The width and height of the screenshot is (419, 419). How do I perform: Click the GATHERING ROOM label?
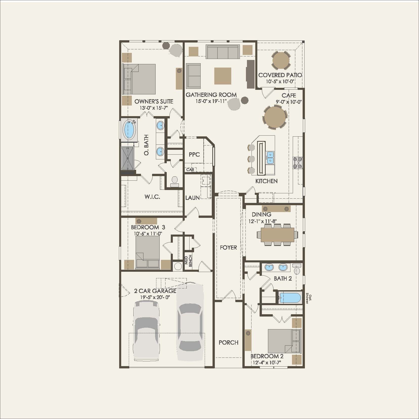click(x=211, y=95)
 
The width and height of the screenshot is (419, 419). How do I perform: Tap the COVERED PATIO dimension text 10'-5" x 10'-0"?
click(x=280, y=81)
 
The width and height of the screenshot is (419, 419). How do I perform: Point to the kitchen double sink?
click(x=270, y=157)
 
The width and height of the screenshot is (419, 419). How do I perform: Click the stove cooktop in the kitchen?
click(x=298, y=163)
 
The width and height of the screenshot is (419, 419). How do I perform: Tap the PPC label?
click(x=194, y=154)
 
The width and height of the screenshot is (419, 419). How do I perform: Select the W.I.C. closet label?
click(x=152, y=197)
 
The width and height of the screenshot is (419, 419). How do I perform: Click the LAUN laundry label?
click(x=192, y=198)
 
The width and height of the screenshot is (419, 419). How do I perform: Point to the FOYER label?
click(x=228, y=247)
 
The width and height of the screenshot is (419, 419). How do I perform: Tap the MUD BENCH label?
click(x=188, y=260)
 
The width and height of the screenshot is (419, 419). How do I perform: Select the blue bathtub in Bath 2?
click(x=290, y=298)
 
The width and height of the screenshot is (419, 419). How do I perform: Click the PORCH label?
click(x=228, y=342)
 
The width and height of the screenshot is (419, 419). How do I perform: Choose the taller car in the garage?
click(x=190, y=321)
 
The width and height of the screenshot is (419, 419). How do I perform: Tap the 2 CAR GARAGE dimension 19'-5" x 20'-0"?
click(x=155, y=297)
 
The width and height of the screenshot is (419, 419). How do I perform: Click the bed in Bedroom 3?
click(x=148, y=252)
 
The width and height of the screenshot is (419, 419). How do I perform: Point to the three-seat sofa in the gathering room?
click(x=223, y=52)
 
